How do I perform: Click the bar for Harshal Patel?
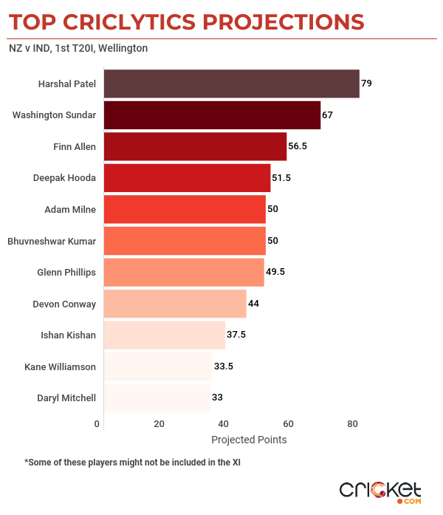tap(231, 83)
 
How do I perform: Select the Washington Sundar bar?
tap(212, 115)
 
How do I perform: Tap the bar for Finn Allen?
tap(195, 146)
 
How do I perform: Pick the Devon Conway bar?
tap(175, 303)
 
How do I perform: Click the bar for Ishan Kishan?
tap(164, 335)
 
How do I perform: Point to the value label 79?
tap(366, 83)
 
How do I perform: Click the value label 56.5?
tap(298, 146)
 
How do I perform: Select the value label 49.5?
tap(275, 272)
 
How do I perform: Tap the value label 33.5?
tap(224, 366)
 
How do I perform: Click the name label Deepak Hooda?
tap(64, 178)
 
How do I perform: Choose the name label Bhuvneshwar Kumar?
tap(52, 241)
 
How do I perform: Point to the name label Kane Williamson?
tap(60, 366)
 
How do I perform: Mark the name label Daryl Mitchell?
tap(66, 398)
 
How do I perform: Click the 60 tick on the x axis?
tap(288, 424)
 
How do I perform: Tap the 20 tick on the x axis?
tap(159, 424)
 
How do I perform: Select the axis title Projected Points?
tap(249, 440)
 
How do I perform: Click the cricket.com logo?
tap(380, 491)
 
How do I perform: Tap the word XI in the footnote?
tap(236, 463)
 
